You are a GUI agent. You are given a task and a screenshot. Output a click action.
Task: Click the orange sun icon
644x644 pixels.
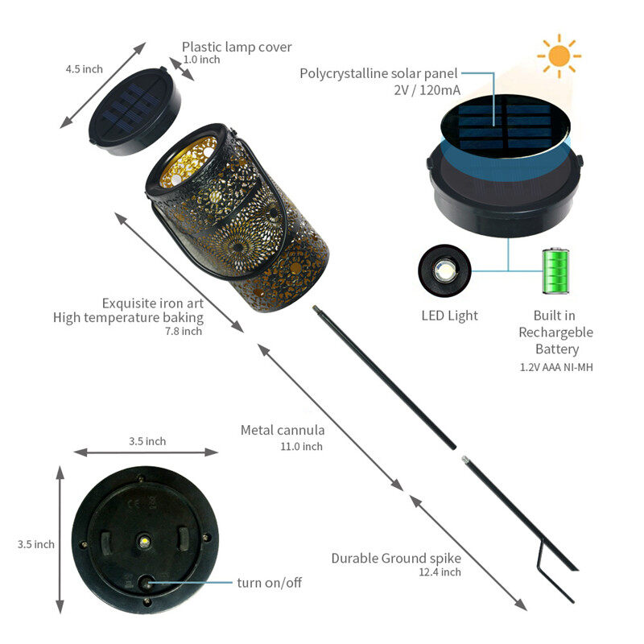[x=559, y=56]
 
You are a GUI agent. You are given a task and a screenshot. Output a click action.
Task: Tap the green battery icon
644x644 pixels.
[x=555, y=271]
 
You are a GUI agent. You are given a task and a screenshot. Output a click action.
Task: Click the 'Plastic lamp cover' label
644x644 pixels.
[x=237, y=47]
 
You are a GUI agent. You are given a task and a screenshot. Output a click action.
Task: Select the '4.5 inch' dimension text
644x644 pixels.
[x=85, y=69]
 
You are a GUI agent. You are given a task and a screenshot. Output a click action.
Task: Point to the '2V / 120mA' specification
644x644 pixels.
[x=427, y=90]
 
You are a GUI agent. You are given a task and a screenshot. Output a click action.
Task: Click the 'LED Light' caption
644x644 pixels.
[x=450, y=316]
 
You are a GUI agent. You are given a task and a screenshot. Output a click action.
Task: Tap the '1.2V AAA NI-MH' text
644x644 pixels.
[x=556, y=367]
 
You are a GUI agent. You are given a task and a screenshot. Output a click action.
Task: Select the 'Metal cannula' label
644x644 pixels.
[x=283, y=430]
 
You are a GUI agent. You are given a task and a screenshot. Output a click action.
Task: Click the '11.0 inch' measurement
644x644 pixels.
[x=301, y=447]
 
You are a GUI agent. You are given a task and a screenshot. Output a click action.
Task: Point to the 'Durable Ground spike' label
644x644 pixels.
[x=396, y=559]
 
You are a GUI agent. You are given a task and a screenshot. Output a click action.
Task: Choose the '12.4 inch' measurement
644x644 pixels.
[x=440, y=572]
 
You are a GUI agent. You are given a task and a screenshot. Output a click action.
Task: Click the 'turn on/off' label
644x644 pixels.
[x=270, y=582]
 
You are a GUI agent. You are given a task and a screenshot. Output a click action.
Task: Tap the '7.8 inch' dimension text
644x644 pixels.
[x=184, y=331]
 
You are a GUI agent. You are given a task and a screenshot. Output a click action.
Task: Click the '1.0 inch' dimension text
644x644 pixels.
[x=201, y=60]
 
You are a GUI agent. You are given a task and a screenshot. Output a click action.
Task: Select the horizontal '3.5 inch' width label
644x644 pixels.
[x=147, y=441]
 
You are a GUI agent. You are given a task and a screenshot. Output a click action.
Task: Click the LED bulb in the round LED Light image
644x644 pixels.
[x=445, y=270]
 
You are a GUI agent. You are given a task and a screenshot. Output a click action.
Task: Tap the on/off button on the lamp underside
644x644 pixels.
[x=146, y=583]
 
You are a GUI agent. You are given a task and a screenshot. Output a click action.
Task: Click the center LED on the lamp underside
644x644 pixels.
[x=144, y=541]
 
